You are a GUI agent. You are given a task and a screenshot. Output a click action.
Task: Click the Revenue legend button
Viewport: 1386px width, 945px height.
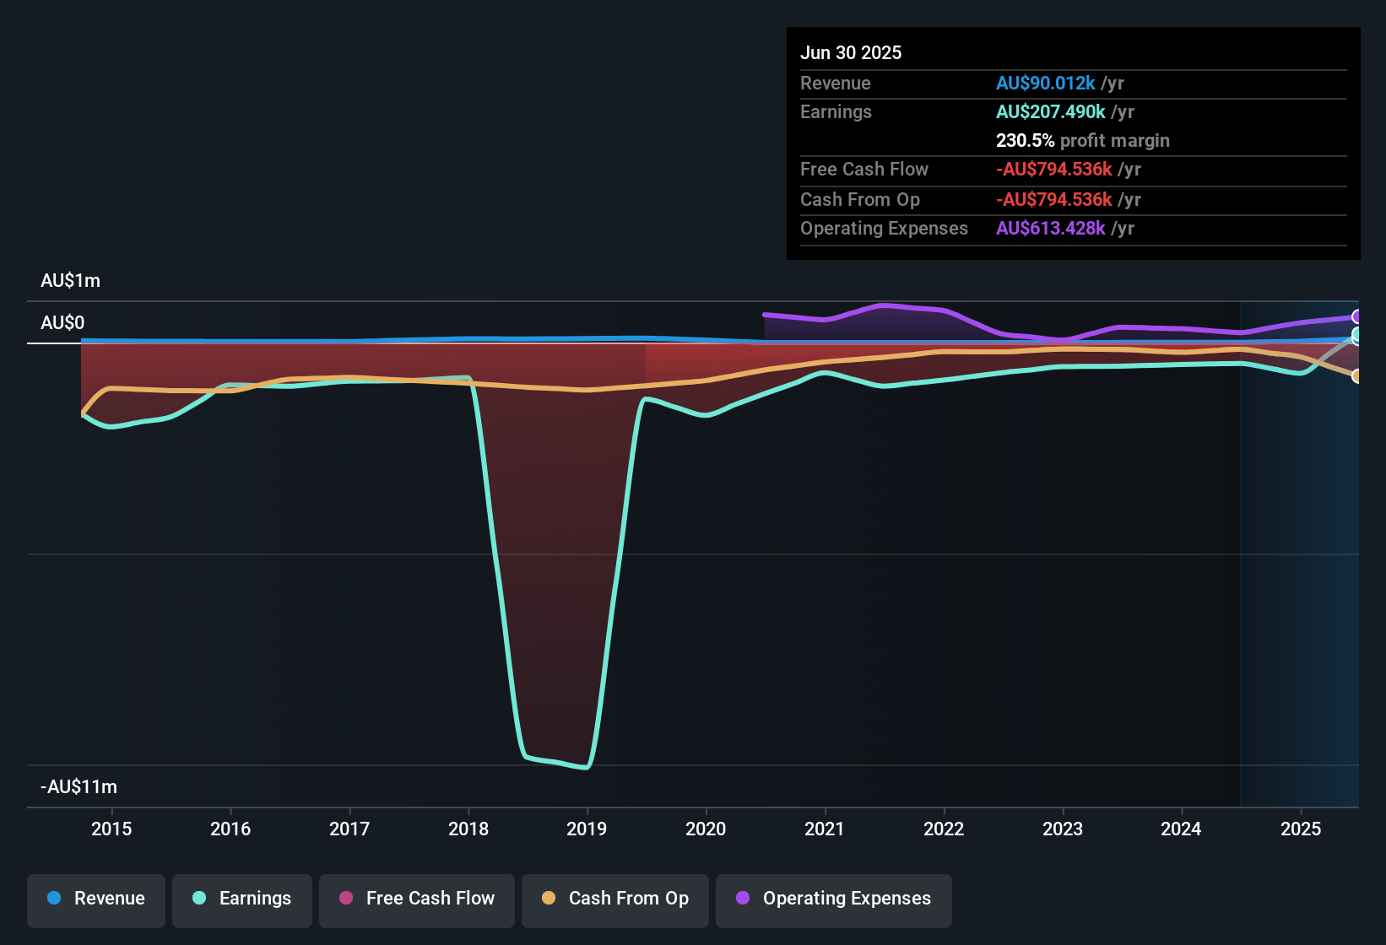[96, 899]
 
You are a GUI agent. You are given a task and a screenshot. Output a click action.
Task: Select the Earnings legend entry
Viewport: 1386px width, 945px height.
[242, 899]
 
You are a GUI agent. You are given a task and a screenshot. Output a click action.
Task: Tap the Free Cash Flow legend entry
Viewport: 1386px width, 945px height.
[417, 899]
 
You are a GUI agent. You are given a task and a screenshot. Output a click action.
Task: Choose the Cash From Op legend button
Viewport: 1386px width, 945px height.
[615, 899]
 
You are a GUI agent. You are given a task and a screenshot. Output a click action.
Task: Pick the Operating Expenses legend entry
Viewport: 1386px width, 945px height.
[834, 899]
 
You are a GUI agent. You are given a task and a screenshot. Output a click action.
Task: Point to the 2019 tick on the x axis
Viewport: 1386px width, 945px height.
[587, 829]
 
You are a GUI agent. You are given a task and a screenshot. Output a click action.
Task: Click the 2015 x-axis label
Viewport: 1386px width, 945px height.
[111, 829]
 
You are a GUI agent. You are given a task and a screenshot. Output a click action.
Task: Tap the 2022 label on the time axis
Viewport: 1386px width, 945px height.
[944, 829]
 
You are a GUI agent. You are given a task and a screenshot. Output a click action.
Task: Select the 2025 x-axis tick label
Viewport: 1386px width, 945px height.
[1301, 829]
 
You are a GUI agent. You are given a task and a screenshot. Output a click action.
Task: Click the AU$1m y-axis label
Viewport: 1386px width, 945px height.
[70, 281]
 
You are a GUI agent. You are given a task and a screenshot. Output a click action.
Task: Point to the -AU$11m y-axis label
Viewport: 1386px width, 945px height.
[79, 787]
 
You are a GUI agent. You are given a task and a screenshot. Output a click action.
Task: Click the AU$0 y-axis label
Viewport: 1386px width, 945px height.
[62, 323]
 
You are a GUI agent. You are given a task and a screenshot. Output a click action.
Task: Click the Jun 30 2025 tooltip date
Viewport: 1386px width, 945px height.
[851, 52]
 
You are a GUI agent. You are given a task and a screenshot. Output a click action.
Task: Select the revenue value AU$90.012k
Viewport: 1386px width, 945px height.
[1045, 83]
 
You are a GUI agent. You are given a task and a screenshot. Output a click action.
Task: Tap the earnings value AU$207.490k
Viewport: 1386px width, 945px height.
[1050, 111]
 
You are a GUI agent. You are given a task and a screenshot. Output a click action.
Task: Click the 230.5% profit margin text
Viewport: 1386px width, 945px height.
[1082, 140]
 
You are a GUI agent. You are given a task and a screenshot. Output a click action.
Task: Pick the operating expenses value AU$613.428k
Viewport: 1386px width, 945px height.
[1050, 228]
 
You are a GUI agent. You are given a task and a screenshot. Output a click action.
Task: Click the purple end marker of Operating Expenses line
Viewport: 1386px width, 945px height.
[1356, 317]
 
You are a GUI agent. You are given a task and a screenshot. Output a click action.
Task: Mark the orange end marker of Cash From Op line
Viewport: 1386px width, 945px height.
[1356, 376]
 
